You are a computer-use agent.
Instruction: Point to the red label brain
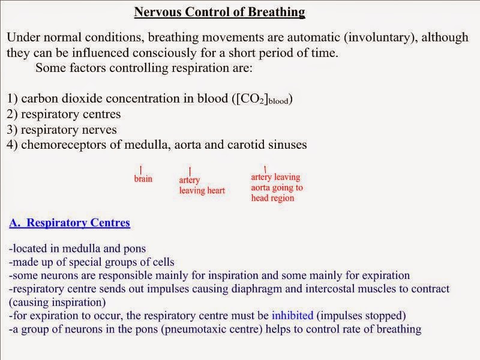point(143,179)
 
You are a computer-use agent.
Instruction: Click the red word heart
point(214,191)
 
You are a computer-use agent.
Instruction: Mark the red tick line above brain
point(140,170)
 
